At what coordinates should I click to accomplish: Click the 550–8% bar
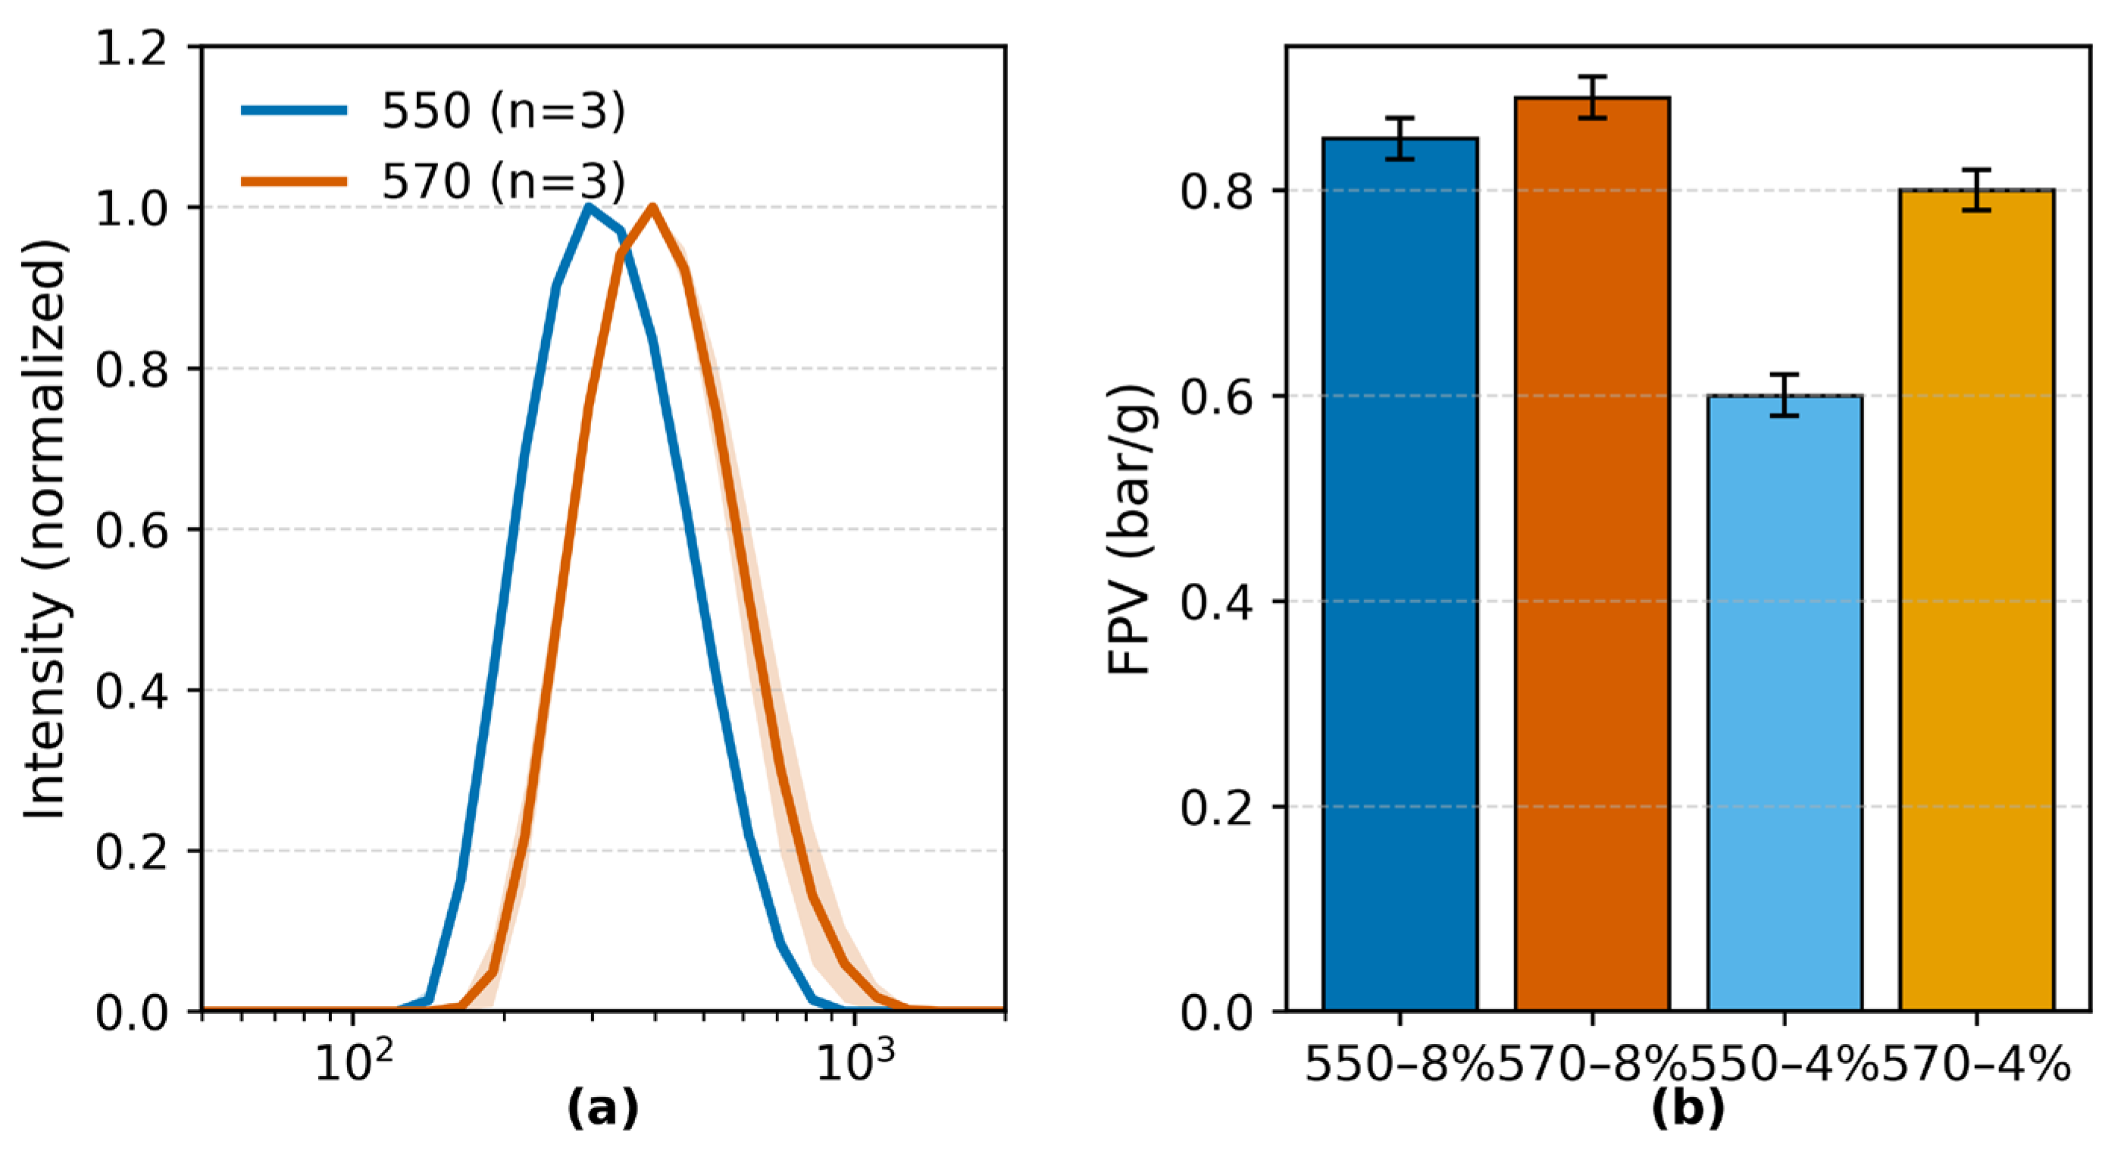pyautogui.click(x=1400, y=576)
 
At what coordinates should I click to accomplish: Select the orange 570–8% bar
pyautogui.click(x=1591, y=560)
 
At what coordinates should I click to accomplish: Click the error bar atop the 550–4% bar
pyautogui.click(x=1785, y=395)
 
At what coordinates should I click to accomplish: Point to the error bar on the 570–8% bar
pyautogui.click(x=1592, y=98)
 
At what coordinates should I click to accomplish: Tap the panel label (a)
pyautogui.click(x=602, y=1109)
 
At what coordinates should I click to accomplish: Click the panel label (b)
pyautogui.click(x=1688, y=1109)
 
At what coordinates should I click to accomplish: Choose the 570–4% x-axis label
pyautogui.click(x=1976, y=1065)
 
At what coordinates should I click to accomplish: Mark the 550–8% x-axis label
pyautogui.click(x=1400, y=1065)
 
